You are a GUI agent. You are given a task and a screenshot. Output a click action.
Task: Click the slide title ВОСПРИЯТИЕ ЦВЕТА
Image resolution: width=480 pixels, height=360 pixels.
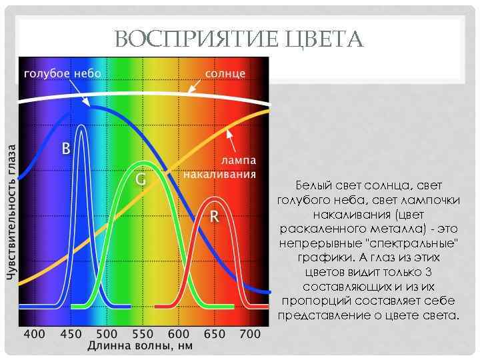239,39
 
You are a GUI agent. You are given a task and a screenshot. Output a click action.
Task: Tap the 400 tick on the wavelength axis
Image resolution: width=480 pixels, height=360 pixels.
35,333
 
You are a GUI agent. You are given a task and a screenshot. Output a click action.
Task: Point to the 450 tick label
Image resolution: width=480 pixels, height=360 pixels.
71,333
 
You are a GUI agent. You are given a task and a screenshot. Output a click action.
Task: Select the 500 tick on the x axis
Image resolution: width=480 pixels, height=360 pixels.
107,333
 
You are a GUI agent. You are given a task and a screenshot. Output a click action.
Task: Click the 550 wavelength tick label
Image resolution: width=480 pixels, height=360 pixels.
143,333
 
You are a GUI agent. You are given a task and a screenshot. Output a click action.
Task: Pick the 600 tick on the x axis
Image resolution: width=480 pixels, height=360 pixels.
179,333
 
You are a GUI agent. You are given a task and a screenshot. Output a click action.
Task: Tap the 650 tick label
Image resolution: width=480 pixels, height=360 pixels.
215,333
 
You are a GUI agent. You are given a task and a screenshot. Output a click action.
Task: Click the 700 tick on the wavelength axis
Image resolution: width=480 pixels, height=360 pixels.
250,333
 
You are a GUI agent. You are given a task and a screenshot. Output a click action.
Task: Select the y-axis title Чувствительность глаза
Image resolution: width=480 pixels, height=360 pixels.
11,212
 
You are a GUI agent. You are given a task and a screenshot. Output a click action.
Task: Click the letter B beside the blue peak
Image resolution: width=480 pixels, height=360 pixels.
66,149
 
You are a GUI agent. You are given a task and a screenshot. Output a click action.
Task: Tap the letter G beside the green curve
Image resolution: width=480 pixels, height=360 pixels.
141,180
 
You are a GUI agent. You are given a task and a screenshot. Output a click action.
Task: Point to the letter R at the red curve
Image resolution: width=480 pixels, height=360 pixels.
215,217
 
